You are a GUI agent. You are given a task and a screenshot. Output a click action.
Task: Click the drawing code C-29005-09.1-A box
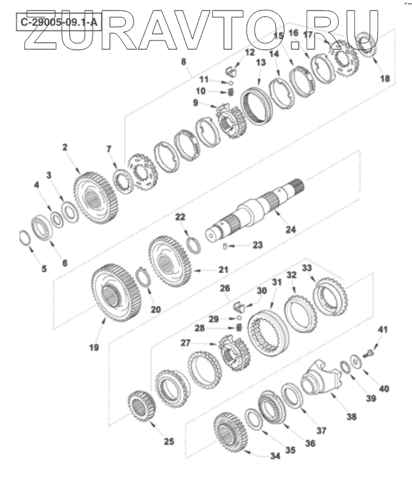[x=59, y=22]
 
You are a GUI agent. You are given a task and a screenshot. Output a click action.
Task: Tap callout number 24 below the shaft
[x=291, y=229]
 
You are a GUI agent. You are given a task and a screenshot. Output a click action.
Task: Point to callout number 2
[x=65, y=147]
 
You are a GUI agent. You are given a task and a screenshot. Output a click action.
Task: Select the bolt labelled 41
[x=368, y=354]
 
